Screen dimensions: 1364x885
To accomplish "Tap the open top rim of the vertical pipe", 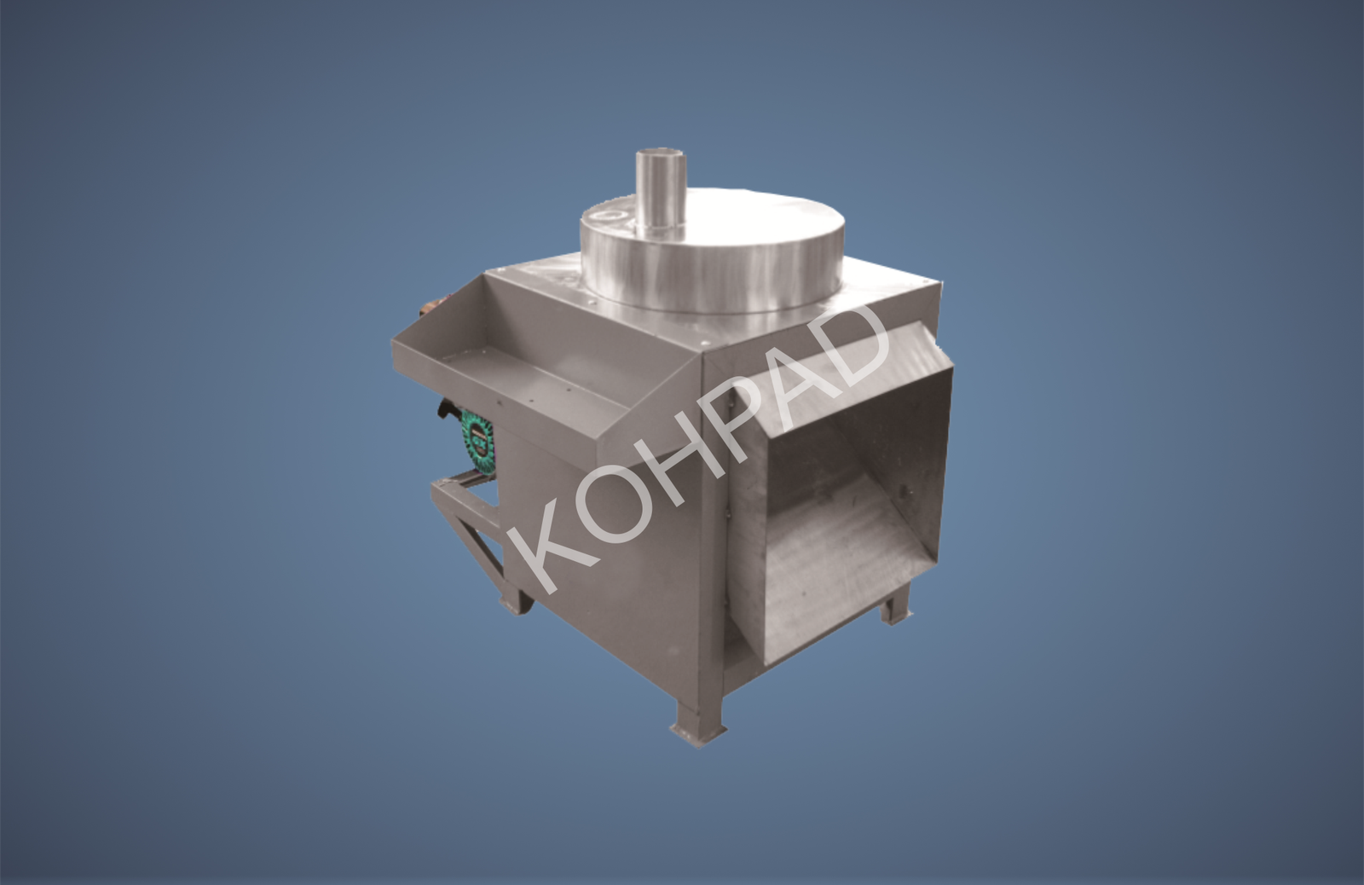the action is pyautogui.click(x=662, y=153).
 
